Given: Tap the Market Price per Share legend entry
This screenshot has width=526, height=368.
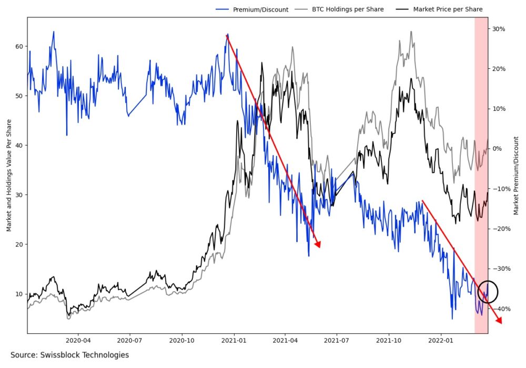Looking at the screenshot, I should pyautogui.click(x=448, y=9).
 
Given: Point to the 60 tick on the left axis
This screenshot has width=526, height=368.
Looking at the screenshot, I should pyautogui.click(x=19, y=46).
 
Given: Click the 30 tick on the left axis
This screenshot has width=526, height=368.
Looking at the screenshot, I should pyautogui.click(x=19, y=195).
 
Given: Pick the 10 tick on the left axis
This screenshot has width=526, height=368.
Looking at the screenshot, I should pyautogui.click(x=19, y=293).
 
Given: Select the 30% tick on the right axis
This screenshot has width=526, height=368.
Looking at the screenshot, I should pyautogui.click(x=499, y=29).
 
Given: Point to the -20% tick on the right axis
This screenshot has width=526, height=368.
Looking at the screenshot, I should pyautogui.click(x=499, y=229).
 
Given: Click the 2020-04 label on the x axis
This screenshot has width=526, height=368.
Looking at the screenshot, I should pyautogui.click(x=78, y=341).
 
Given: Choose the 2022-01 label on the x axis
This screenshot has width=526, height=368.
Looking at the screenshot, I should pyautogui.click(x=441, y=341).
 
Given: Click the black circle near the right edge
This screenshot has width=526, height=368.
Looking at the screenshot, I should pyautogui.click(x=488, y=292).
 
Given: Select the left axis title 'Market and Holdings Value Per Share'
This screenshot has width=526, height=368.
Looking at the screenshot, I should pyautogui.click(x=9, y=175).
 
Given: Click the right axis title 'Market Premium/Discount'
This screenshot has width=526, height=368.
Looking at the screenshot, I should pyautogui.click(x=516, y=175).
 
